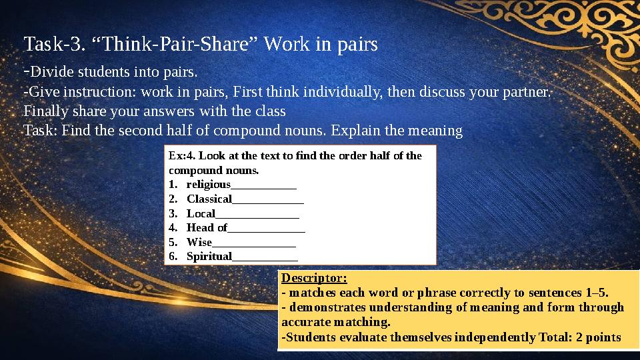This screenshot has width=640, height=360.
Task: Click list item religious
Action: pos(208,184)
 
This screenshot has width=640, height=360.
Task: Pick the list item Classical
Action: pos(209,199)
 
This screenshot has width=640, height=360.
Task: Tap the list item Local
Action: pos(201,213)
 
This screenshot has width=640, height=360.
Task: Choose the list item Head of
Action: pos(207,228)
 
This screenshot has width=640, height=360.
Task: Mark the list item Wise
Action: pos(199,243)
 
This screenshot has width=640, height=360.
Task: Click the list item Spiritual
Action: pos(209,257)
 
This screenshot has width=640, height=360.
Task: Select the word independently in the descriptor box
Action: pos(489,337)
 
